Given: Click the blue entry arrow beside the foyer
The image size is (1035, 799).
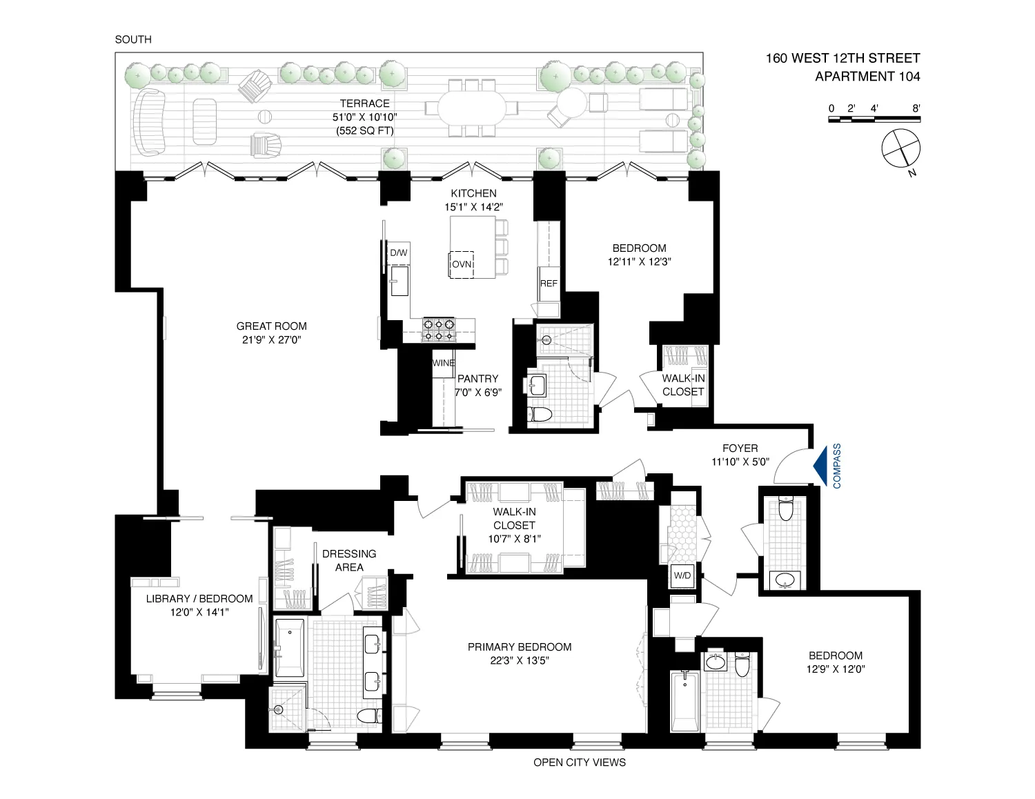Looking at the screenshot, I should tap(822, 466).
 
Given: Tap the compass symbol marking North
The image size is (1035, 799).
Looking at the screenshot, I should tap(901, 148).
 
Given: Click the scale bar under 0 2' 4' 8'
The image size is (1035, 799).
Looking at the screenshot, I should tap(874, 120).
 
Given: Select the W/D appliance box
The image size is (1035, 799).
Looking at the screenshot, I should tap(681, 575).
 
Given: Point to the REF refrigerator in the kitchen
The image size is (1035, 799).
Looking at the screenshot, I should tap(549, 284).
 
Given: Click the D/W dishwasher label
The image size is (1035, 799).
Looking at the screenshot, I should tap(399, 253).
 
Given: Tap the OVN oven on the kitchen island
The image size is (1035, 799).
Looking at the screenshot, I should tap(462, 264).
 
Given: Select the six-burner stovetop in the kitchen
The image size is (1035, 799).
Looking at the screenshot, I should tap(439, 330).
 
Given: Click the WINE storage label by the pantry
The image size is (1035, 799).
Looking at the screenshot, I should tap(443, 363).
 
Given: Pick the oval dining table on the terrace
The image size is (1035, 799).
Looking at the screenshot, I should tap(472, 108).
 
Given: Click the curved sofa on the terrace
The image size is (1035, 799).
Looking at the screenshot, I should tap(150, 123).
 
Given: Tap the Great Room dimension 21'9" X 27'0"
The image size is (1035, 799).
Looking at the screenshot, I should tap(271, 339).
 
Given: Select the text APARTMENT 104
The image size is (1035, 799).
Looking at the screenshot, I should tap(867, 77).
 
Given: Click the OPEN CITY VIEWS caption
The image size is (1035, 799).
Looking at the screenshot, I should tap(580, 762).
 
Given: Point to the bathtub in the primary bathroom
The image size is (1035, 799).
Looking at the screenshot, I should tap(289, 648).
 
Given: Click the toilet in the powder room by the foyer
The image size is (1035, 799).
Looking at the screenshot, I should tap(785, 509).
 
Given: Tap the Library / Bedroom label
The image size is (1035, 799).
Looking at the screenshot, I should tap(199, 598).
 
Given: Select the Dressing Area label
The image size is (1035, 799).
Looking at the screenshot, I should tap(349, 560).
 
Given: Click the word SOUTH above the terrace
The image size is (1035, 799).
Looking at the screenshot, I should tap(133, 39).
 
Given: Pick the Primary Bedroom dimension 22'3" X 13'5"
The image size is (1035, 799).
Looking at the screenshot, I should tap(519, 660).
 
